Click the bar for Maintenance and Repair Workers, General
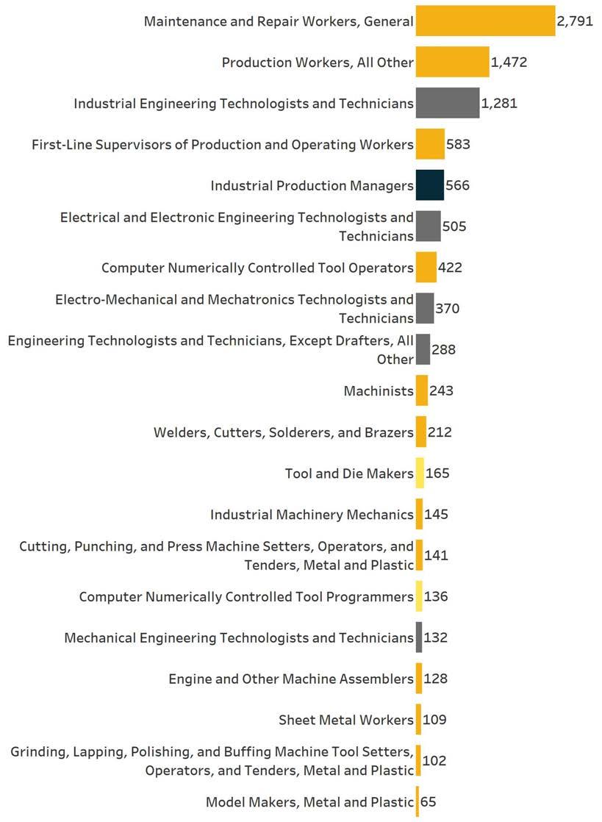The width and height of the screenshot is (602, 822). click(x=485, y=21)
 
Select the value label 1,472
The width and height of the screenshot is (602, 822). click(x=509, y=62)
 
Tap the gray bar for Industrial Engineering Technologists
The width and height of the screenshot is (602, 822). click(x=447, y=103)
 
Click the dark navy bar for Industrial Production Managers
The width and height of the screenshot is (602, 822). click(x=430, y=185)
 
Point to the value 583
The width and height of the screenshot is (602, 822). click(x=458, y=144)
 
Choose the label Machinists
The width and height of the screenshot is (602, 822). click(x=379, y=391)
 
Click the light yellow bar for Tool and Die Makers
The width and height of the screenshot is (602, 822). click(x=420, y=473)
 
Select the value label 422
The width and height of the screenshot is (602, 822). click(x=450, y=268)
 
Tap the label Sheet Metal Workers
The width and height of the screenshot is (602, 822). click(x=346, y=720)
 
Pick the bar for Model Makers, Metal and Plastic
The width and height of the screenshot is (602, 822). click(x=418, y=801)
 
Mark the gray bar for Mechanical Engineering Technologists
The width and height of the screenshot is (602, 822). click(x=419, y=637)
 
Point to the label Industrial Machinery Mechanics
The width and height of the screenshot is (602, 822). click(x=312, y=514)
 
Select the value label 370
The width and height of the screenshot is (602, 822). click(x=447, y=309)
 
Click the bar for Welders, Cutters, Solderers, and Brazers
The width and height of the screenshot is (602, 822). click(x=421, y=432)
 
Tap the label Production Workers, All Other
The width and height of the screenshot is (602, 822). click(x=318, y=62)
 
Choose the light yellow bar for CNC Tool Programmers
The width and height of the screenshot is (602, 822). click(x=419, y=596)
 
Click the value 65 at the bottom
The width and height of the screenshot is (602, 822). click(x=429, y=801)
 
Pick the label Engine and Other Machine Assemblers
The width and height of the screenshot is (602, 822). click(x=291, y=679)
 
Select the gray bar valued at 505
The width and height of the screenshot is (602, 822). click(x=428, y=226)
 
